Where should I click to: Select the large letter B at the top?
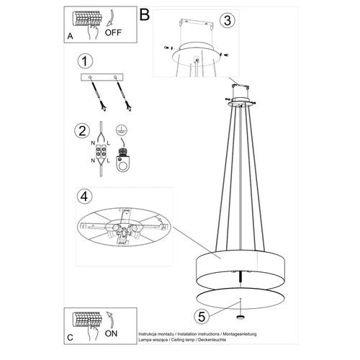tap(145, 14)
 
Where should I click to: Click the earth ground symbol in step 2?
tap(122, 130)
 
